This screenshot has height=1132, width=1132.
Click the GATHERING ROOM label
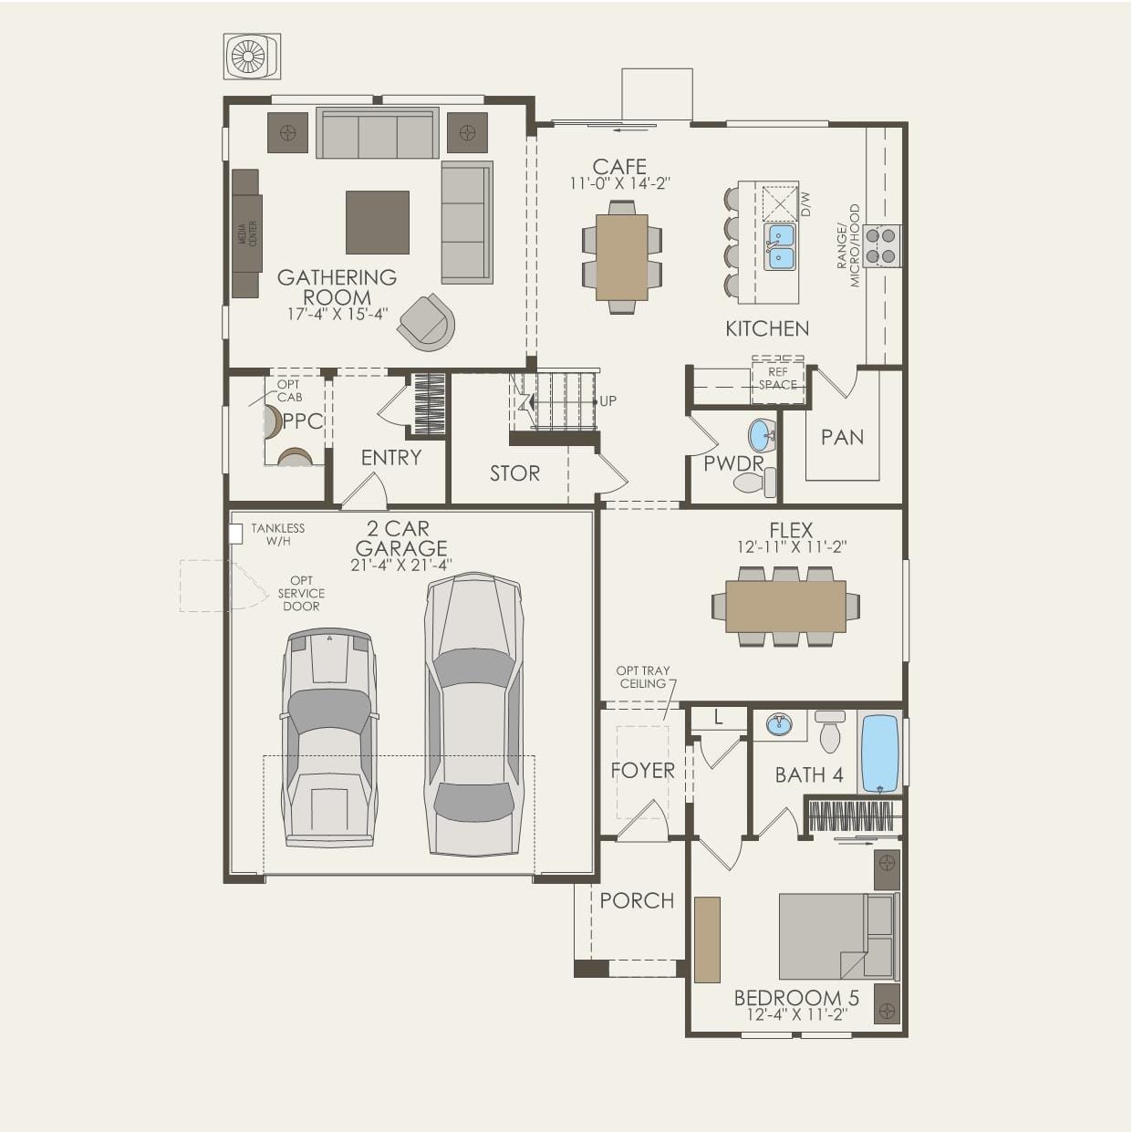point(337,286)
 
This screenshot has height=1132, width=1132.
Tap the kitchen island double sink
point(780,246)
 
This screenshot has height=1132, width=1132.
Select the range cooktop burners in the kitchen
point(881,245)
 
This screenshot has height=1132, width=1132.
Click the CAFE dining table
point(621,257)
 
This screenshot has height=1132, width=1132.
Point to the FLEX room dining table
point(785,607)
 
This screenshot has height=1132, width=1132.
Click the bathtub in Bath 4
point(879,755)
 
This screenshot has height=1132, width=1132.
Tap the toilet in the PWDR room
point(755,483)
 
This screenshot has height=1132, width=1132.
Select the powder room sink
point(762,435)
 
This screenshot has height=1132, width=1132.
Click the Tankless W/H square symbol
point(235,534)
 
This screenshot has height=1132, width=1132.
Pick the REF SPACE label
point(778,379)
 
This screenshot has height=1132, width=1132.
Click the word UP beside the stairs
point(608,401)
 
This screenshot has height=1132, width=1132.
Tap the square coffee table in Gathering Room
point(377,222)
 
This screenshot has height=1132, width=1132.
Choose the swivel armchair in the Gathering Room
point(427,322)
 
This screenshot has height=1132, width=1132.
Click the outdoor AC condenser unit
point(252,57)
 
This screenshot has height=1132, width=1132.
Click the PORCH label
point(637,900)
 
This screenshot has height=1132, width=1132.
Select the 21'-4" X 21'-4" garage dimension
point(401,566)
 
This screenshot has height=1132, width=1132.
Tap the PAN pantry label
point(843,437)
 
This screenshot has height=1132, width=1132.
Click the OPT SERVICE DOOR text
point(301,593)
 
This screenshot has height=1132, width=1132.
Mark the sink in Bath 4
point(780,725)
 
